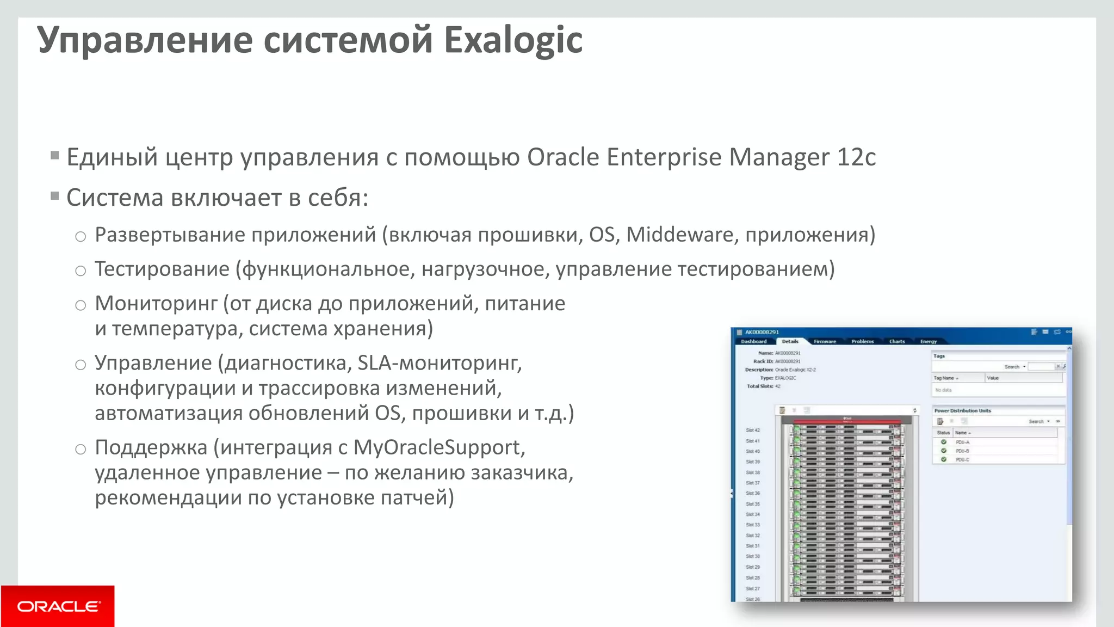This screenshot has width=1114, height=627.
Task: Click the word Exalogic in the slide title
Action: pyautogui.click(x=513, y=40)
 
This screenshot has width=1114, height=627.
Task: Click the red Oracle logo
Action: pyautogui.click(x=58, y=606)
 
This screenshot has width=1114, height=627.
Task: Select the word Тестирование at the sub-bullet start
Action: pyautogui.click(x=162, y=269)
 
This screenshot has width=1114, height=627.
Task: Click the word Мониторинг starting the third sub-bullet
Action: pyautogui.click(x=156, y=303)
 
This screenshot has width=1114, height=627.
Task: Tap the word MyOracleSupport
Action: pyautogui.click(x=439, y=447)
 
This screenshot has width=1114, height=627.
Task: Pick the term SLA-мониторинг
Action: pyautogui.click(x=439, y=362)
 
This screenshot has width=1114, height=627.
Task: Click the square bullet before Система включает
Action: pyautogui.click(x=54, y=196)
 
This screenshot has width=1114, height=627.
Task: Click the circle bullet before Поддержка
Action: pyautogui.click(x=81, y=450)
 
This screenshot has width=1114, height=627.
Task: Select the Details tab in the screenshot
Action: pyautogui.click(x=790, y=342)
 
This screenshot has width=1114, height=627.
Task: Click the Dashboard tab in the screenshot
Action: pyautogui.click(x=753, y=342)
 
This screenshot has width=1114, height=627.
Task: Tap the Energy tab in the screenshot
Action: pyautogui.click(x=928, y=342)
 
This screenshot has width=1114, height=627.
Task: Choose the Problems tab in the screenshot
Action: pyautogui.click(x=862, y=342)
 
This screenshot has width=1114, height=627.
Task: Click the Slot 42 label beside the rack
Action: pyautogui.click(x=753, y=431)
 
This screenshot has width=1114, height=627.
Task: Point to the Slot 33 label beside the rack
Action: pyautogui.click(x=753, y=525)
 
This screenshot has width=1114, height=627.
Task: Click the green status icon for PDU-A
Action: pyautogui.click(x=944, y=442)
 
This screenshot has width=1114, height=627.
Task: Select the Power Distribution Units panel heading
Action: pyautogui.click(x=962, y=411)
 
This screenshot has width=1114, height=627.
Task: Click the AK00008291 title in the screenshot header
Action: pyautogui.click(x=762, y=332)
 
